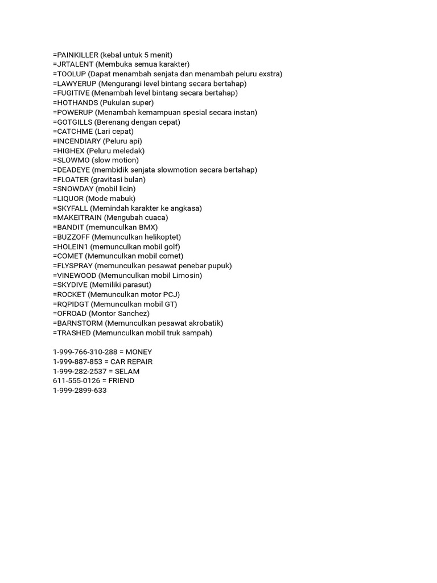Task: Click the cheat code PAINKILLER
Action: point(76,55)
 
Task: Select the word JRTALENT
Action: point(74,64)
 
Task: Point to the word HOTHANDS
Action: point(75,102)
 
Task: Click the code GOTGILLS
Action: point(73,122)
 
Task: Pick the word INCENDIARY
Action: point(78,141)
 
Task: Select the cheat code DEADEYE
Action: point(72,170)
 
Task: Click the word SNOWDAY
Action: point(74,188)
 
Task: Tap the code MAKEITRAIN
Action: point(77,217)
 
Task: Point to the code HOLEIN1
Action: point(71,247)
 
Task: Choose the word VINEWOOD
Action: point(76,275)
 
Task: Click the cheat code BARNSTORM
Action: point(79,323)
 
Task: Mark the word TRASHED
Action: point(72,332)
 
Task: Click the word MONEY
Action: point(139,352)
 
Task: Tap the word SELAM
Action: point(127,371)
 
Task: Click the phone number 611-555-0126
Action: point(73,380)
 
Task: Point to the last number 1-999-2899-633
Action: point(80,391)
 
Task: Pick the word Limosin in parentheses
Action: point(187,275)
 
